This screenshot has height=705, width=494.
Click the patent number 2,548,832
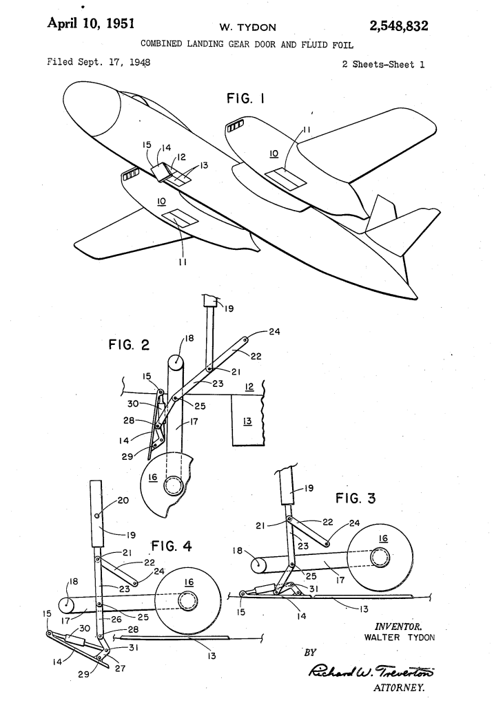point(399,27)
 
